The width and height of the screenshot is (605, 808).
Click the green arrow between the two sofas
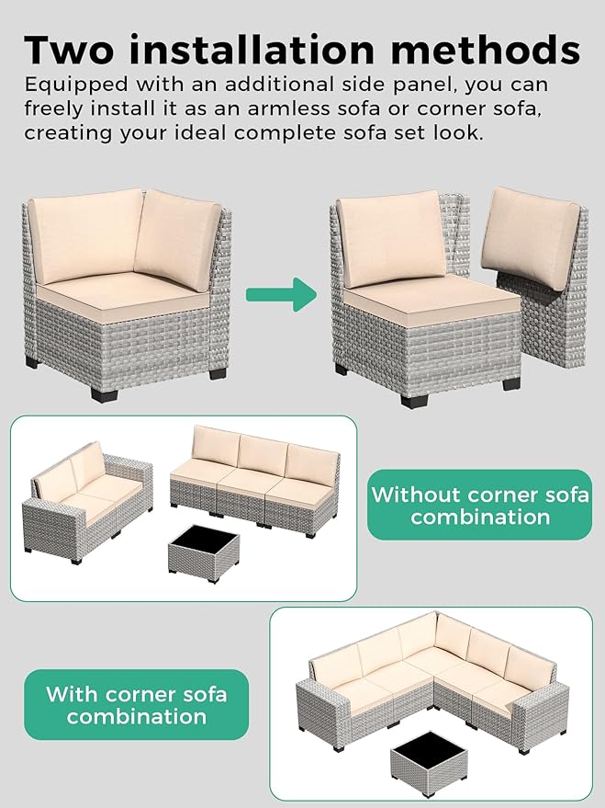[280, 295]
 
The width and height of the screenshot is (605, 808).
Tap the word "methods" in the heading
[487, 48]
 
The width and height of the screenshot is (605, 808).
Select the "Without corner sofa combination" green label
[479, 505]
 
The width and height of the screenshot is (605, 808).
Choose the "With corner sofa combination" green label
[136, 704]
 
